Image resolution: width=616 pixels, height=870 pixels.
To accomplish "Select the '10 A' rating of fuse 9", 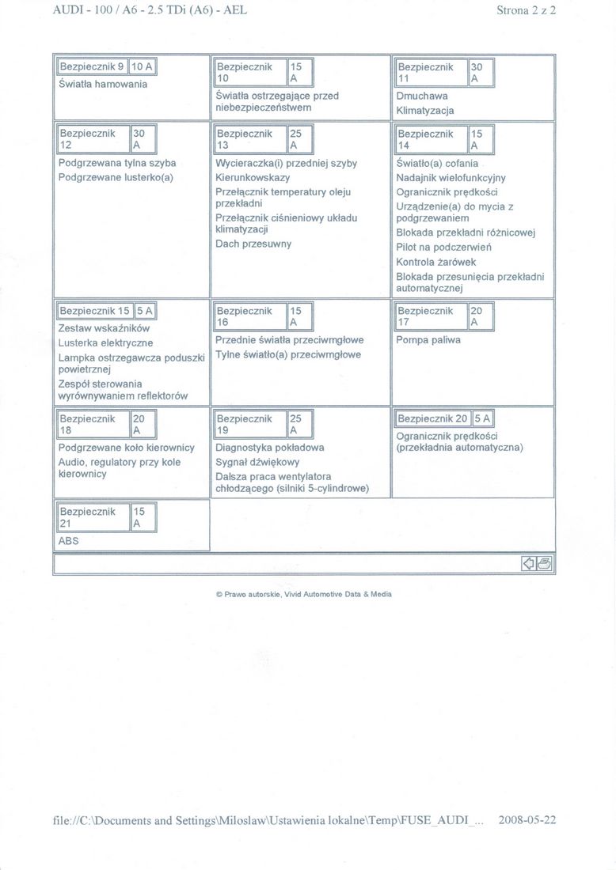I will [143, 67].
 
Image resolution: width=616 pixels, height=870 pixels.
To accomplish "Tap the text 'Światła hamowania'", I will [103, 84].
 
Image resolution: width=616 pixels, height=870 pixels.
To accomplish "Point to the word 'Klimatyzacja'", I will [425, 111].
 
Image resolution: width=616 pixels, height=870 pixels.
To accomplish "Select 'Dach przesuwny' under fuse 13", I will [253, 244].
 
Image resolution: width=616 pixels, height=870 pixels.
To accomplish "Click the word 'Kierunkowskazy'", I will [253, 178].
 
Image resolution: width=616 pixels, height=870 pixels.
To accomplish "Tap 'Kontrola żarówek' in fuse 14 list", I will [436, 262].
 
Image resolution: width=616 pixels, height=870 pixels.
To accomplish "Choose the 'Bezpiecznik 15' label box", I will [93, 311].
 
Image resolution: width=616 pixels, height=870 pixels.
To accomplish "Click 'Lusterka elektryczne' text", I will [105, 343].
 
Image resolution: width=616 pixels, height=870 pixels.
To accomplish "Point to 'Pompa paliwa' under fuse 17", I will [428, 340].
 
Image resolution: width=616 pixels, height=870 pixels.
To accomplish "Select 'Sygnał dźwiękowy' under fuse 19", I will [257, 462].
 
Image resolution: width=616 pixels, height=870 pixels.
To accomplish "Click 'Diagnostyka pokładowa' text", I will [269, 447].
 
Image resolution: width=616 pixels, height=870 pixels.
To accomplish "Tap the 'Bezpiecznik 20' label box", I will [432, 418].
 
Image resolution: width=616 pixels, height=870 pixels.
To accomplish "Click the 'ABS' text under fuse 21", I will [69, 541].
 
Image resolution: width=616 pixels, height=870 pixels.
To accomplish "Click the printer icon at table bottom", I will [546, 563].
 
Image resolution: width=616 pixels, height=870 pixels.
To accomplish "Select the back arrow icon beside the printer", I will [530, 563].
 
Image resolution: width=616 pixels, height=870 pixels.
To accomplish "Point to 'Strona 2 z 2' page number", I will [526, 10].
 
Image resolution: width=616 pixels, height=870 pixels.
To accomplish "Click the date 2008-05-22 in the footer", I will [527, 819].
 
